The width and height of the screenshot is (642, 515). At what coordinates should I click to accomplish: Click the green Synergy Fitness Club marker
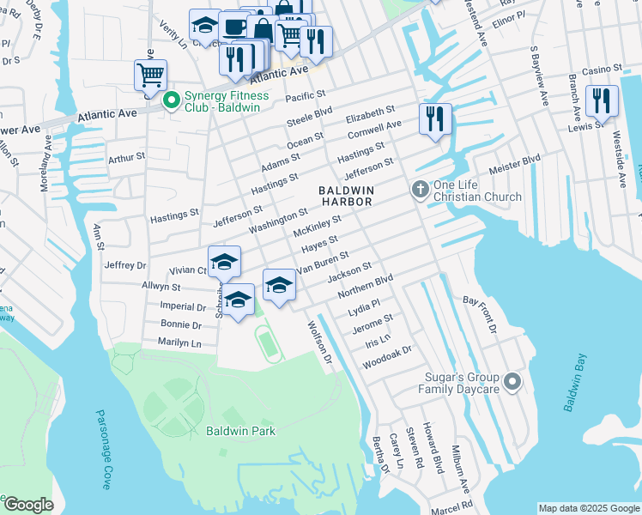tap(171, 101)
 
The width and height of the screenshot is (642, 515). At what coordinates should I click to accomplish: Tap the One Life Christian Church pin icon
tap(420, 190)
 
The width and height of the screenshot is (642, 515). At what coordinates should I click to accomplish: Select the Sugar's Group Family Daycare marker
tap(512, 382)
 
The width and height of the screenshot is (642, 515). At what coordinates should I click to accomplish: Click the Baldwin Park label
tap(240, 431)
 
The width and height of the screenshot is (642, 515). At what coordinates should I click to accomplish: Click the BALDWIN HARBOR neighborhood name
tap(347, 196)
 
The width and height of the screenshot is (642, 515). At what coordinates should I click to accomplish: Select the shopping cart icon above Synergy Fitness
tap(150, 75)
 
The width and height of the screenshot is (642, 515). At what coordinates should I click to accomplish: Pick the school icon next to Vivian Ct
tap(224, 261)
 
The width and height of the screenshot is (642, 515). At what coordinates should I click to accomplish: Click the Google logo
tap(27, 505)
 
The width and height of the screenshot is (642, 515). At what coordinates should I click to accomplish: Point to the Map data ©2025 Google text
tap(589, 508)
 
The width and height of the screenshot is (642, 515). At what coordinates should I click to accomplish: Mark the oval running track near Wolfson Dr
tap(269, 344)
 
